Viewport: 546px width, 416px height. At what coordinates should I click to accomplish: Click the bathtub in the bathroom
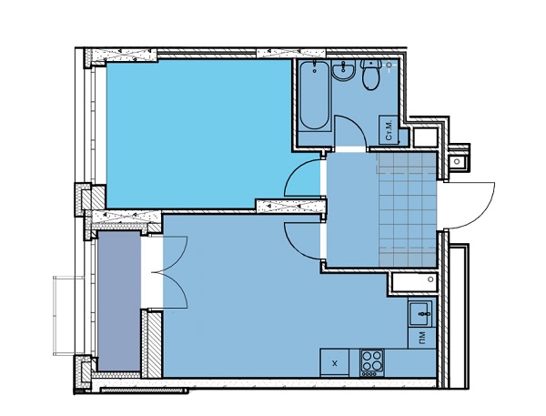tap(315, 96)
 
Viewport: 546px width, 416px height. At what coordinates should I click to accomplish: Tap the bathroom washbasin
tap(344, 70)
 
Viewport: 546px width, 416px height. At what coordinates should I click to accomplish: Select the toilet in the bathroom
tap(370, 75)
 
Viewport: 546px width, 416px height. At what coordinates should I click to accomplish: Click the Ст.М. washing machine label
tap(389, 129)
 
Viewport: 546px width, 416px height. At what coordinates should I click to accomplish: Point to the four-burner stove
tap(372, 363)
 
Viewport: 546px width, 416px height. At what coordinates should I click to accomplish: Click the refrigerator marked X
tap(335, 362)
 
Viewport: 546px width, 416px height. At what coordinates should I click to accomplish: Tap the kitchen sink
tap(420, 313)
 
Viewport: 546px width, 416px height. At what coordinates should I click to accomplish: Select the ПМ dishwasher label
tap(421, 337)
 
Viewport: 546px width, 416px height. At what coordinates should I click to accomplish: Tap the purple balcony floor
tap(119, 300)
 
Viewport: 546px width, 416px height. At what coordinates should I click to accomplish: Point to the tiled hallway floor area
tap(408, 210)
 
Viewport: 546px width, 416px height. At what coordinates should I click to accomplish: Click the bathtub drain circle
tap(315, 71)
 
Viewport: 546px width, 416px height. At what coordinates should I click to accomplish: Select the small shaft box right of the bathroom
tap(426, 137)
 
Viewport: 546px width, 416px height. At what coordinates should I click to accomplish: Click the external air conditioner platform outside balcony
tap(68, 316)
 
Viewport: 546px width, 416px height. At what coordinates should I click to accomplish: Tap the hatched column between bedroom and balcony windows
tap(90, 198)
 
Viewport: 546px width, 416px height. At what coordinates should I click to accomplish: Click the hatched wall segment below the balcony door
tap(151, 344)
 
